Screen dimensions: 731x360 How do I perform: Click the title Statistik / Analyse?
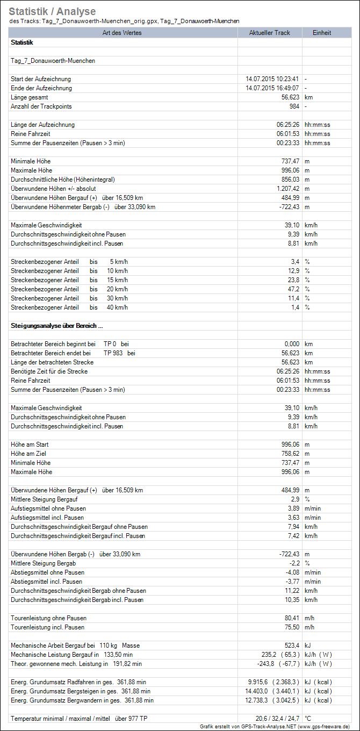click(x=52, y=11)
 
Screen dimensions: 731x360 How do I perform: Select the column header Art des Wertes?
click(x=124, y=33)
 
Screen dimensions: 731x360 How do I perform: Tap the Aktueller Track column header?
click(x=269, y=33)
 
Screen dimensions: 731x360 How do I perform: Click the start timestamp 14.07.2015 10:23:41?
click(x=272, y=79)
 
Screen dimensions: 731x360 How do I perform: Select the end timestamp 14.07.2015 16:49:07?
click(x=272, y=88)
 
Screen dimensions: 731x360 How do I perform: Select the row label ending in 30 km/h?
click(x=69, y=298)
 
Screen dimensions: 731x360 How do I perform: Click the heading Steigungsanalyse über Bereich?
click(x=56, y=326)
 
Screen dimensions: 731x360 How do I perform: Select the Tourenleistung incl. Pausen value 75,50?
click(x=290, y=627)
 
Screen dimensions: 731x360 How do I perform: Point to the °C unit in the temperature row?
click(x=308, y=718)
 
